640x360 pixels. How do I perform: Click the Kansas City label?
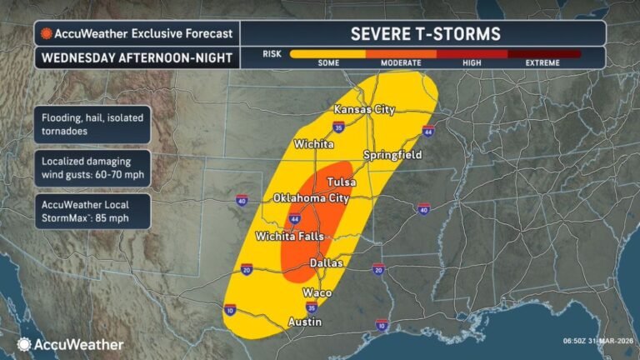tap(364, 110)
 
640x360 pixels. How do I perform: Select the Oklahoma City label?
tap(311, 198)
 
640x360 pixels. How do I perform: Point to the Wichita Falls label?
tap(288, 236)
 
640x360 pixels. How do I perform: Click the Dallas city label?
tap(326, 262)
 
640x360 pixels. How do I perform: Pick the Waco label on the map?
tap(317, 292)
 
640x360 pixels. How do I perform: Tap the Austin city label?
tap(304, 321)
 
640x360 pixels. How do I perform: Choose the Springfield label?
tap(392, 155)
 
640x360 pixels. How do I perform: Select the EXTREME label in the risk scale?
tap(546, 63)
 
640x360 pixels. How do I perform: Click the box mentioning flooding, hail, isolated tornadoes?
tap(92, 122)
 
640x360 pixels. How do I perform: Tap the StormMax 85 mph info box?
tap(92, 212)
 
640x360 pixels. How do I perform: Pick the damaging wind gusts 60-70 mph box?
tap(92, 167)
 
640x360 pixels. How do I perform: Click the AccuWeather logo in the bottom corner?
tap(70, 344)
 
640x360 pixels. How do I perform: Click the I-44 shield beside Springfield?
tap(428, 132)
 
